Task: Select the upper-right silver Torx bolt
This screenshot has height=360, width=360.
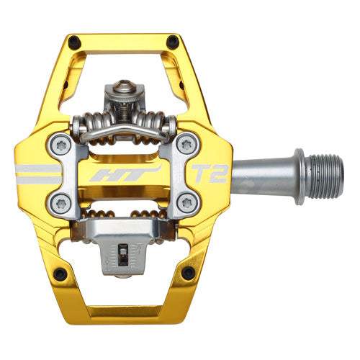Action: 189,144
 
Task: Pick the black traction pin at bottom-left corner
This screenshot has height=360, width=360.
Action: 59,273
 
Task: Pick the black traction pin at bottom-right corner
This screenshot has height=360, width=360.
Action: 189,273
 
